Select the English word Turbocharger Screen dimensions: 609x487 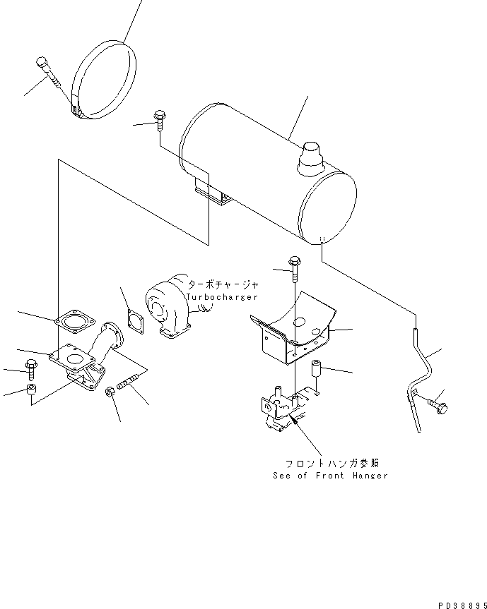tap(223, 297)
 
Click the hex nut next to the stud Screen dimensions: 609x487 tap(111, 392)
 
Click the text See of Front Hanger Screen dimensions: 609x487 tap(330, 476)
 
